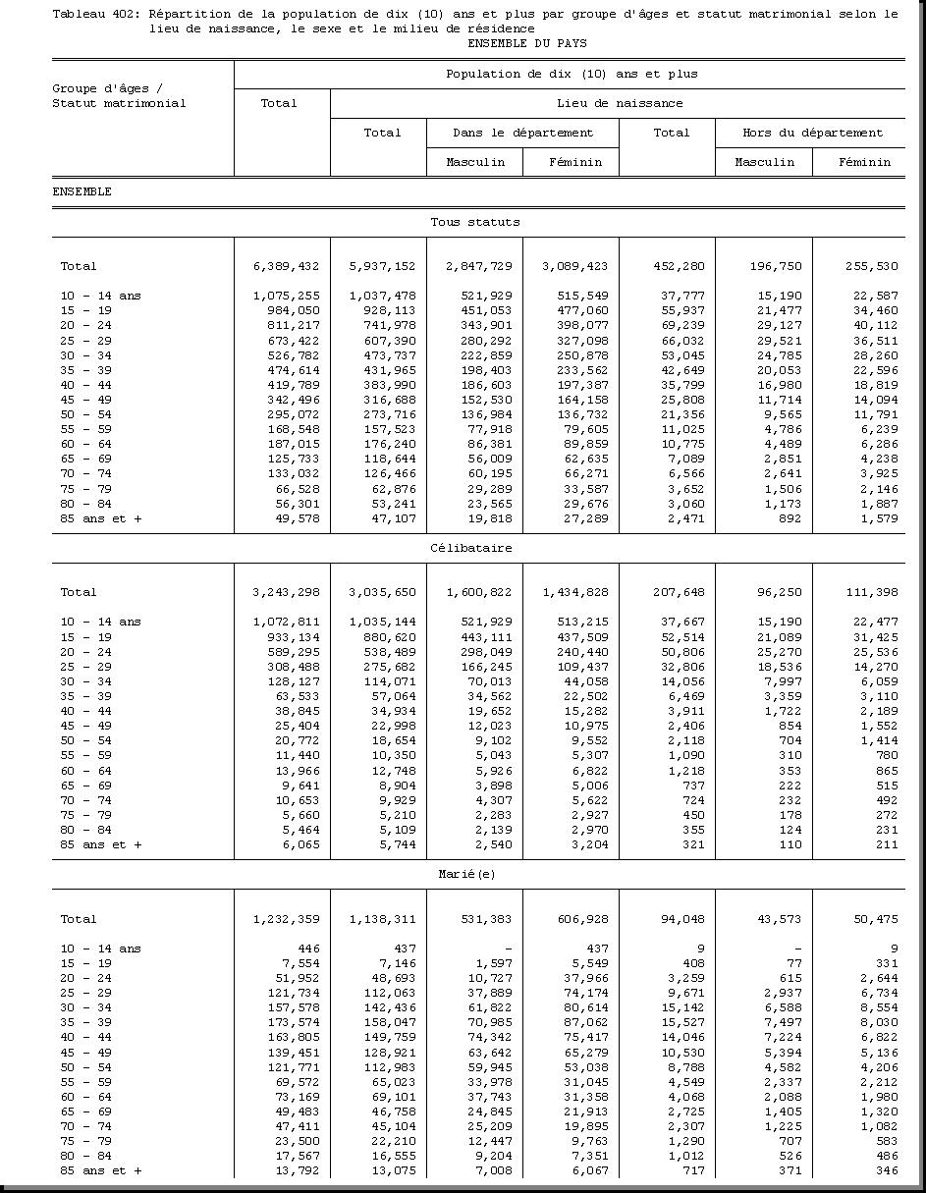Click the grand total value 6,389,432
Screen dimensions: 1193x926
pos(287,266)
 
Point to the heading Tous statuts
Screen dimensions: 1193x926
pos(475,222)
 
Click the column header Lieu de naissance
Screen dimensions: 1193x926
pos(619,103)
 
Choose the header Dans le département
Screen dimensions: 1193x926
pos(522,133)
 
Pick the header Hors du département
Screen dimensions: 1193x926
pos(811,133)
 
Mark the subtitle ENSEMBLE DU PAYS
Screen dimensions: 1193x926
pos(527,43)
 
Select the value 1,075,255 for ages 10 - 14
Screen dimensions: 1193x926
pos(287,296)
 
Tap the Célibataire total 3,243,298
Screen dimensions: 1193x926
pos(287,592)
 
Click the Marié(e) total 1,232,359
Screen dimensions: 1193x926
pos(287,919)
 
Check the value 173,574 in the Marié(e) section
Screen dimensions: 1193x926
pos(294,1022)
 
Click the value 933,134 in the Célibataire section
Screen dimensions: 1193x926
pos(294,636)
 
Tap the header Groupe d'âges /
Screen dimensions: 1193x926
pos(107,88)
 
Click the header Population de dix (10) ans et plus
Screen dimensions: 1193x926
pos(572,74)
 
